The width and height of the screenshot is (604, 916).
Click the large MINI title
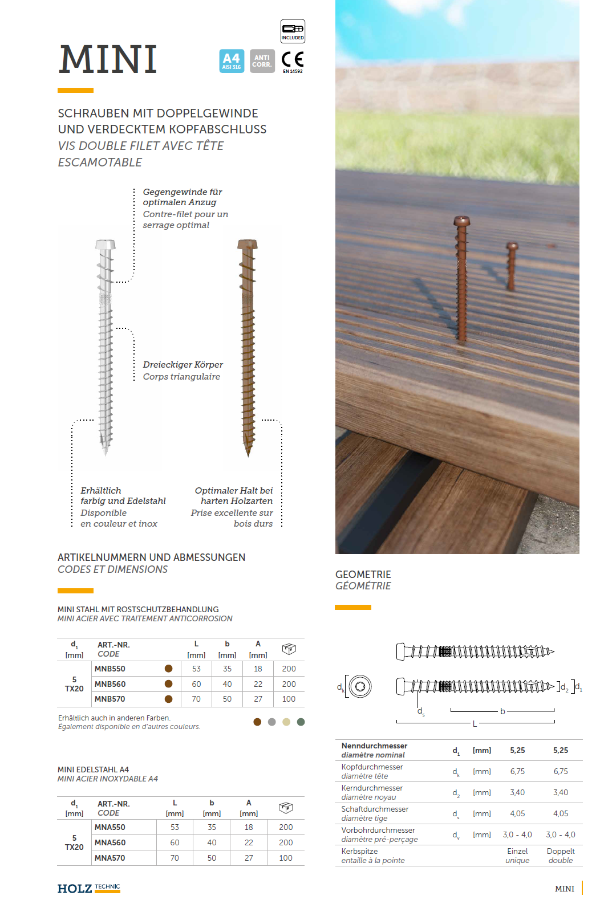pos(108,59)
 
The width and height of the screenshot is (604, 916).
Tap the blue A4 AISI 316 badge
pos(232,60)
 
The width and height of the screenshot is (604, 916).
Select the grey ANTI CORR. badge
pos(262,60)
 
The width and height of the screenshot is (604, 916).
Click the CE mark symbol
pos(293,59)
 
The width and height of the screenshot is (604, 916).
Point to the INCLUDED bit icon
pos(293,31)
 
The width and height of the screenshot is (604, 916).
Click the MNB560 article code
pos(110,684)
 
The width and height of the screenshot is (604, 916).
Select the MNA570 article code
pos(110,858)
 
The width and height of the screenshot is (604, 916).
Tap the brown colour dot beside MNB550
pos(168,669)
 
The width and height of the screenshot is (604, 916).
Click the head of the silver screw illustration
pos(106,245)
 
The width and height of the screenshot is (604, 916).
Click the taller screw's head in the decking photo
pos(461,221)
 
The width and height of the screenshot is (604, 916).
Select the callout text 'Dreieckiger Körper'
pos(183,365)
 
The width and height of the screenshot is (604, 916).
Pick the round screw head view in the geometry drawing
pos(360,686)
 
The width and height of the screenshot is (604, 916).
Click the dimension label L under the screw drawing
pos(475,724)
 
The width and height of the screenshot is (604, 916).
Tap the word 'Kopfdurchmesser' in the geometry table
pos(372,767)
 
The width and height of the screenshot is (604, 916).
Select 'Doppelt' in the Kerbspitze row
pos(561,851)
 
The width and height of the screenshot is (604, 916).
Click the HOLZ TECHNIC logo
pos(88,888)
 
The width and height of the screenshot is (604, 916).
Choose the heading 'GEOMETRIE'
pos(363,575)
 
